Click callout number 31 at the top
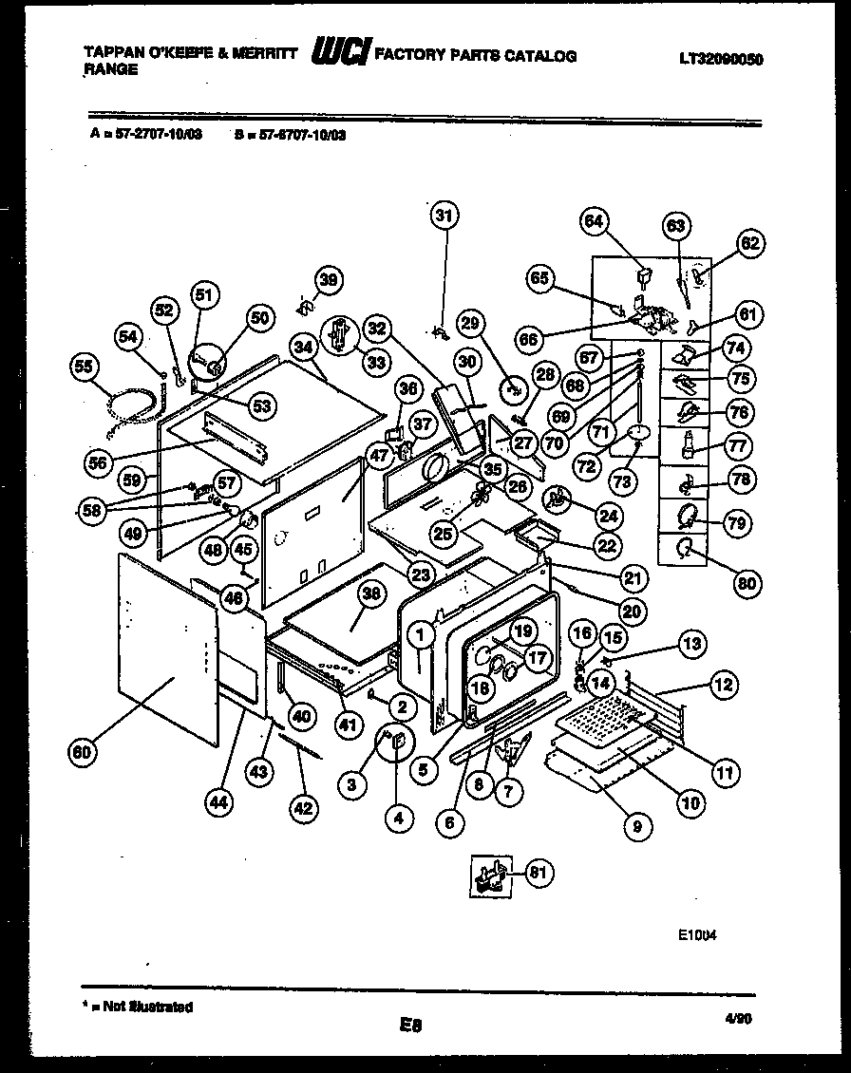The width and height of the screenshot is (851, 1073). [443, 216]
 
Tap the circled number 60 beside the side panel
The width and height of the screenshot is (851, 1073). [84, 753]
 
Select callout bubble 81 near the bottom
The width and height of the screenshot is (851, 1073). [539, 872]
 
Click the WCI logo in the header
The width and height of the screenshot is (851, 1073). [340, 55]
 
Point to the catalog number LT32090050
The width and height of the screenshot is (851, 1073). [722, 59]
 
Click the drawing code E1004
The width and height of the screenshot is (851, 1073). [698, 933]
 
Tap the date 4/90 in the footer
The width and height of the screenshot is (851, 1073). [736, 1017]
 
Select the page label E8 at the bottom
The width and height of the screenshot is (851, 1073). [410, 1025]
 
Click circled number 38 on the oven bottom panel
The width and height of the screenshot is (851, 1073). [371, 595]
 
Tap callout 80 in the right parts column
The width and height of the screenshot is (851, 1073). [747, 583]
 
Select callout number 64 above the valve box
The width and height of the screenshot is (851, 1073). [595, 222]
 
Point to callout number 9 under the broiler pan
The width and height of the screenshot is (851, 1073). [637, 826]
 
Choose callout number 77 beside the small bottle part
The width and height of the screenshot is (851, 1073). [739, 445]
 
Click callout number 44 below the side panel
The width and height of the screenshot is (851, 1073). [218, 801]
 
